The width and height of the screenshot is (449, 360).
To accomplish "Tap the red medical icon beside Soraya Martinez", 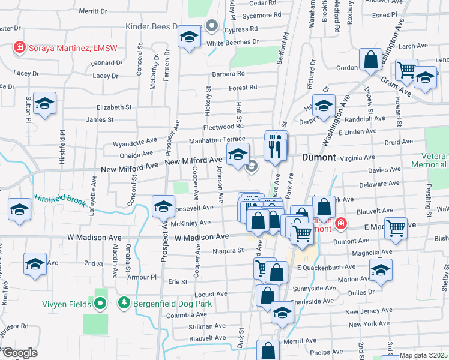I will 19,47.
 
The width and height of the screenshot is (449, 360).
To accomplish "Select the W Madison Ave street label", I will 202,238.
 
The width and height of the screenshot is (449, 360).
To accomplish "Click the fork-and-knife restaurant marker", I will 276,147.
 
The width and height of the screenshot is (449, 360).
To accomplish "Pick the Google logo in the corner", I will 20,353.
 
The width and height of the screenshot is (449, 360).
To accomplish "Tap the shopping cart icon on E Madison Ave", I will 396,227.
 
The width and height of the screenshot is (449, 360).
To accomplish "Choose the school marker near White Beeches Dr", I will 189,38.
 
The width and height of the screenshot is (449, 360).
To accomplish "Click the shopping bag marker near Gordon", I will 370,60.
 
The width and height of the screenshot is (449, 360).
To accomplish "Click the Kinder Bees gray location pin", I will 211,26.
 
